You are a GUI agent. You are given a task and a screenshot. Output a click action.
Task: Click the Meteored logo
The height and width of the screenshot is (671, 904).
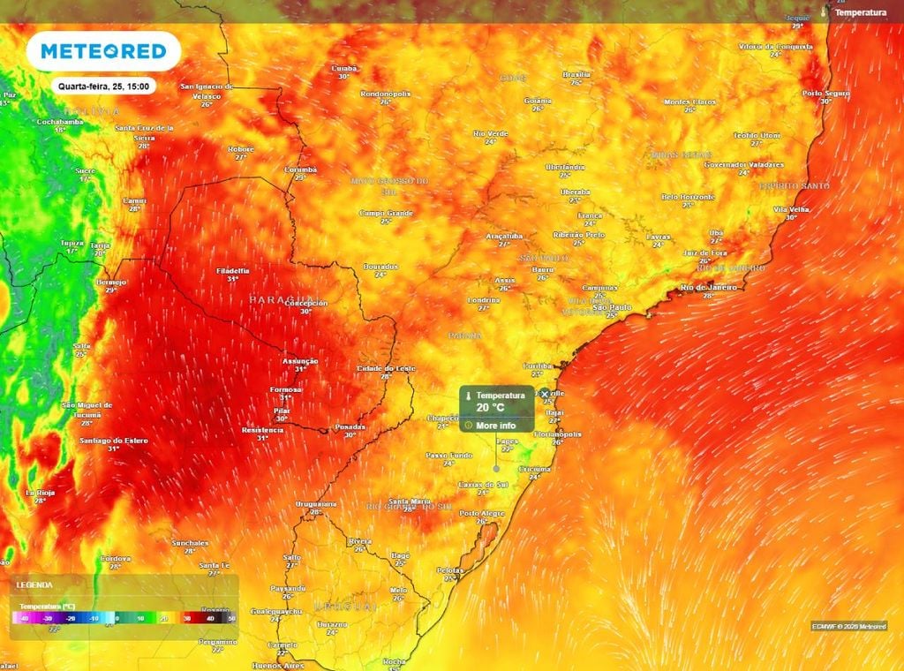(x=103, y=51)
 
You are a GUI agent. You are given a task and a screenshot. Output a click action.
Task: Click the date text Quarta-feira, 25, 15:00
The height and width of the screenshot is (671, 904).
(x=103, y=87)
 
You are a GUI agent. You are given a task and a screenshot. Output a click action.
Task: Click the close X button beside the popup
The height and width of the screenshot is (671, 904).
(x=545, y=395)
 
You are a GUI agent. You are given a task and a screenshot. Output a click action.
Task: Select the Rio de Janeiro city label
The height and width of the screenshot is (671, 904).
(x=709, y=288)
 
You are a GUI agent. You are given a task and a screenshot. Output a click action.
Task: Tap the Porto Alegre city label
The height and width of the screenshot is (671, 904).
(x=481, y=513)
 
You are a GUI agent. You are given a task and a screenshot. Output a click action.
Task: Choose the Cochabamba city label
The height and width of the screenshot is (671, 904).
(x=60, y=121)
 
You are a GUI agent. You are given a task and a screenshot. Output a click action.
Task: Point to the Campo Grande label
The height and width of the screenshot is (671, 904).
(x=386, y=213)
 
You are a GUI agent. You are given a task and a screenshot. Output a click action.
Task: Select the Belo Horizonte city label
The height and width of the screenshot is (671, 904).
(x=688, y=196)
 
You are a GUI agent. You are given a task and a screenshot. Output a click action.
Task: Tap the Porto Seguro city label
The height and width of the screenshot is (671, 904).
(x=825, y=93)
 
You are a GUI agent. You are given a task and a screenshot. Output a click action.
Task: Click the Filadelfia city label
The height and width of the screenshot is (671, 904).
(x=232, y=270)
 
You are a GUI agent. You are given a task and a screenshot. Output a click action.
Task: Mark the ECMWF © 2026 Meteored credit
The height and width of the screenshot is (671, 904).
(x=849, y=626)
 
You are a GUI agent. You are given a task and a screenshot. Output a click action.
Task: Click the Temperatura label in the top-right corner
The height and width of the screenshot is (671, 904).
(x=860, y=12)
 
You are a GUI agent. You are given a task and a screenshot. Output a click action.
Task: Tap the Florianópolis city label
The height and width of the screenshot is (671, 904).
(x=557, y=434)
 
